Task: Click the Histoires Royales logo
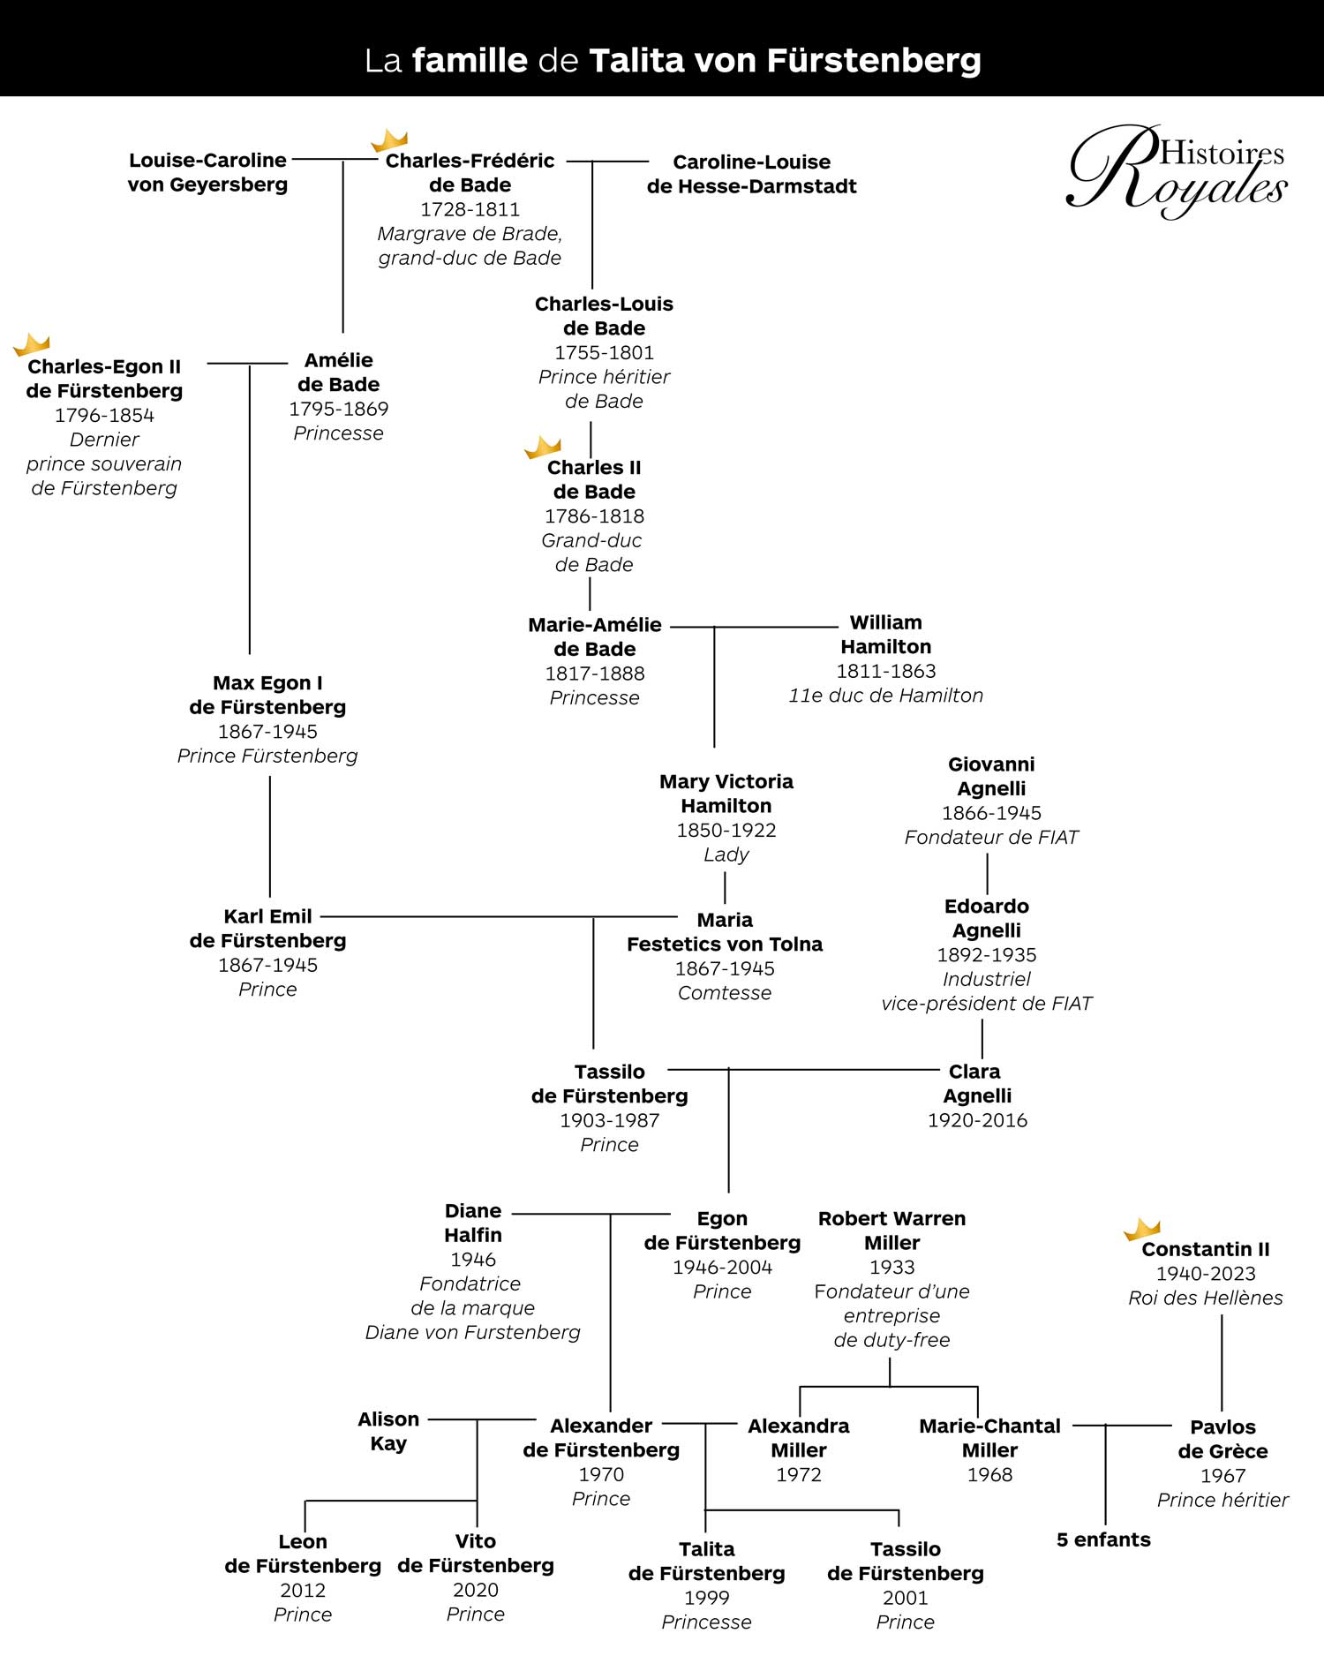(1177, 170)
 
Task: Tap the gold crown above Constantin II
(1142, 1229)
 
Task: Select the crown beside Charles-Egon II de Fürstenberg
(32, 344)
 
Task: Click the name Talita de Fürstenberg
(707, 1561)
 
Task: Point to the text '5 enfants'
(1103, 1539)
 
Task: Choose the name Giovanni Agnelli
(991, 776)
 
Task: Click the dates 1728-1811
(470, 209)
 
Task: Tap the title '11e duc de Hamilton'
(885, 696)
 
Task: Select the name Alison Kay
(388, 1431)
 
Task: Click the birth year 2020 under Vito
(476, 1590)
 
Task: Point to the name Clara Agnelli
(976, 1083)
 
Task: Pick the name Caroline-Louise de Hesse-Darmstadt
(752, 174)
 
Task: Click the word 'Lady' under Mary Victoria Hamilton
(726, 854)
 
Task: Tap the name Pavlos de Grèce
(1222, 1439)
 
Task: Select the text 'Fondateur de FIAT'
(991, 837)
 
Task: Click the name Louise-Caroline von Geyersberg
(207, 172)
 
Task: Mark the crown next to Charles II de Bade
(543, 448)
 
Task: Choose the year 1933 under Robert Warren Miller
(891, 1267)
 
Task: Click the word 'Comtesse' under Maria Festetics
(725, 993)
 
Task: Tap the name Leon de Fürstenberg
(303, 1554)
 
